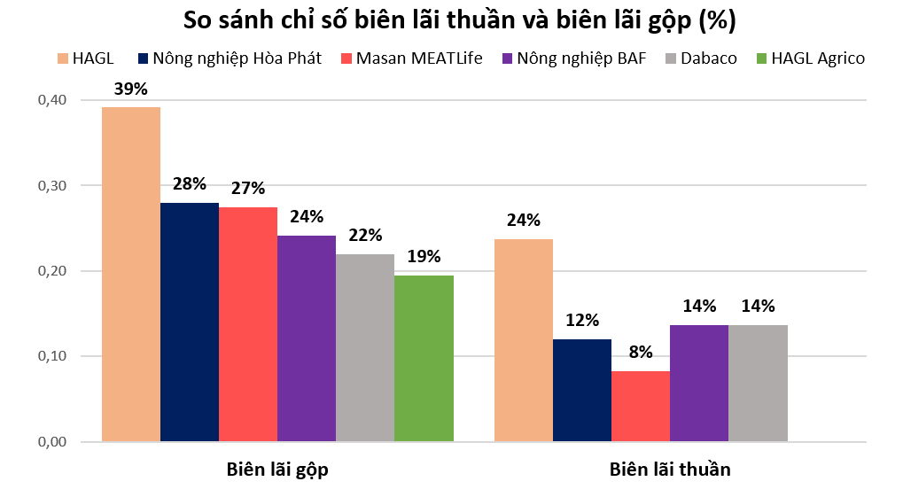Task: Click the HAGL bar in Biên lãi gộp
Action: (x=130, y=275)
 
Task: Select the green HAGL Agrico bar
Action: (x=424, y=359)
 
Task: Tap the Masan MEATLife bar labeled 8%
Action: (x=640, y=407)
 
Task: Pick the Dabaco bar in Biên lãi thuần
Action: (x=758, y=384)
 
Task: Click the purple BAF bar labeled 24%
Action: (x=307, y=338)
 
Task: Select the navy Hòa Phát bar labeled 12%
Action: (x=581, y=391)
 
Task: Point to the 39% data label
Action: (x=131, y=89)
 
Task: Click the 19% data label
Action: (x=424, y=257)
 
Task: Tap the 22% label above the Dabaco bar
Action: (x=365, y=236)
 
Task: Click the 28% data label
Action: (x=189, y=184)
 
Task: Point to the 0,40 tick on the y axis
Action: (x=52, y=100)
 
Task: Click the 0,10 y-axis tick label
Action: (x=52, y=356)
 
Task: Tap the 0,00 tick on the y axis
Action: (x=52, y=442)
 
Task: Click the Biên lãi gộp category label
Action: (x=277, y=470)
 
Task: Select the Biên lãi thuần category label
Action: (x=670, y=470)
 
